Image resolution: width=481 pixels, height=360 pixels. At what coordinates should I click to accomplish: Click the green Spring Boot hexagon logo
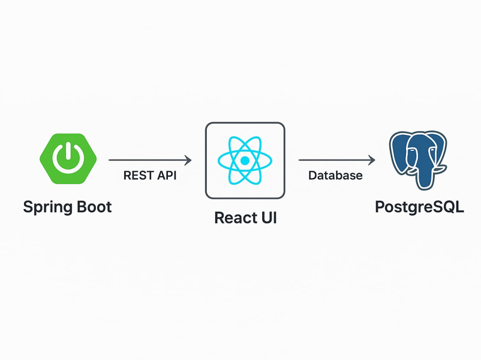68,159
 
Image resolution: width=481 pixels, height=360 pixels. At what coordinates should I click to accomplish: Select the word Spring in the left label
48,208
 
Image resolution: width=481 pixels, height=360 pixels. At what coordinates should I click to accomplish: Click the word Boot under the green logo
94,207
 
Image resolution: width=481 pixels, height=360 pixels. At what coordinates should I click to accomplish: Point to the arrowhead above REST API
188,160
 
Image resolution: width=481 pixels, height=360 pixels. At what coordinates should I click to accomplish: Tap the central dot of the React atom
245,161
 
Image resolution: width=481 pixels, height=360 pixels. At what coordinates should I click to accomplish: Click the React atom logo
245,161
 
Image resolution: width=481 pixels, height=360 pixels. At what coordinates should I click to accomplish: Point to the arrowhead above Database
371,160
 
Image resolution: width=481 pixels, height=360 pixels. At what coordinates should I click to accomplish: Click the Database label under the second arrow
335,175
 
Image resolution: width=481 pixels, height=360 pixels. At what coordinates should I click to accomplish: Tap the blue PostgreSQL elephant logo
418,160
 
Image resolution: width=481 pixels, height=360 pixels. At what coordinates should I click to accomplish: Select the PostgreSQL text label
419,207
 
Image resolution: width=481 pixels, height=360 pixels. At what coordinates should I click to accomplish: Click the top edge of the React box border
245,123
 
